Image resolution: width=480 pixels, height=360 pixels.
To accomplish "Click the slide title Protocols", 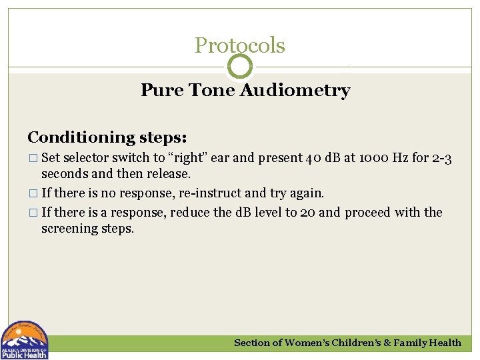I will pyautogui.click(x=240, y=45).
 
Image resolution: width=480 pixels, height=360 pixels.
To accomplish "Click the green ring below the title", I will pyautogui.click(x=240, y=67).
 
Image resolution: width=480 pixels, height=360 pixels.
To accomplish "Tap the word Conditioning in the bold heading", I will pyautogui.click(x=81, y=137).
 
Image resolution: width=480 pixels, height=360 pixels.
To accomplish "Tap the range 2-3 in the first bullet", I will pyautogui.click(x=441, y=159).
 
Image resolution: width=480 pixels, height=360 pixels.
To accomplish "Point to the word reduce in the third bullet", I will pyautogui.click(x=192, y=213).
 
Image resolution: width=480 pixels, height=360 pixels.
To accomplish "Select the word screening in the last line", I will pyautogui.click(x=69, y=228).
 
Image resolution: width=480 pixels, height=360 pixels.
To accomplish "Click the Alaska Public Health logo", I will pyautogui.click(x=25, y=341).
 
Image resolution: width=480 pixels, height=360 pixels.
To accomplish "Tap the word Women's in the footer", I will pyautogui.click(x=312, y=343).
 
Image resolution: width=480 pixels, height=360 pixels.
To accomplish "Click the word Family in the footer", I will pyautogui.click(x=411, y=343).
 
